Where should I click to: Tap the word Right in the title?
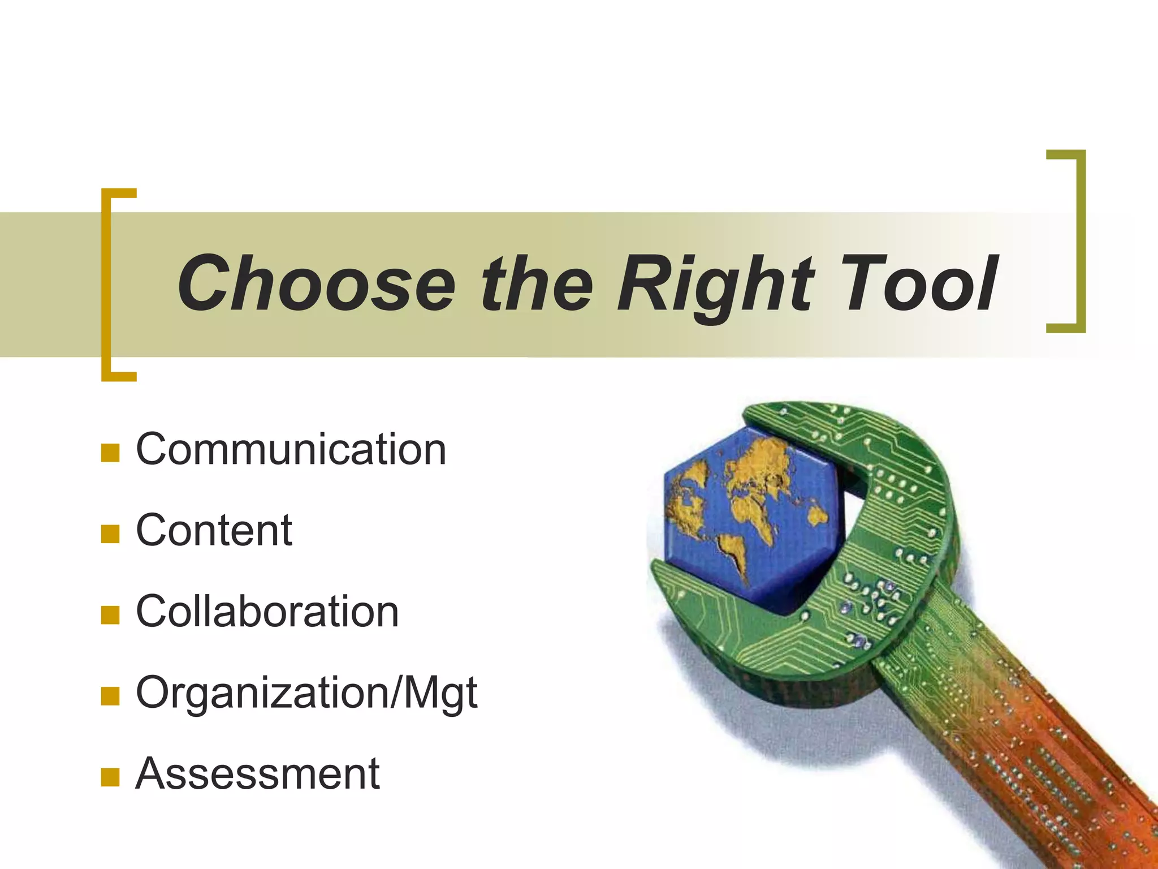pos(715,285)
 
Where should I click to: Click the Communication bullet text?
pos(291,449)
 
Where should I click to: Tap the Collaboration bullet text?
pos(267,612)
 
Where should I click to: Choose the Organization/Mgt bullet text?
pos(306,694)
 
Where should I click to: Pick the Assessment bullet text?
pos(258,774)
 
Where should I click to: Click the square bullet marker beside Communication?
pos(110,453)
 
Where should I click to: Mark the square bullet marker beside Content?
pos(110,534)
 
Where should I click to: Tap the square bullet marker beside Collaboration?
pos(110,615)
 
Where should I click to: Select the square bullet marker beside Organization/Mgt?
pos(110,696)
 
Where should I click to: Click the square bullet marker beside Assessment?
pos(110,777)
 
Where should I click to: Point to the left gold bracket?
pos(107,285)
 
